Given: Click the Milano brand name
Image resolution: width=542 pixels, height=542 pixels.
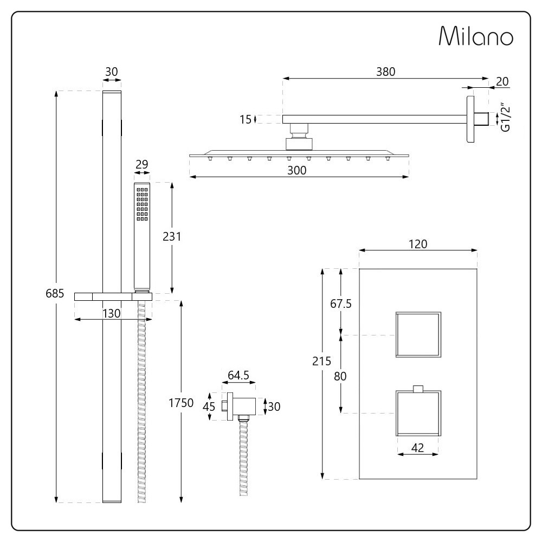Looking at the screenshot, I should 475,36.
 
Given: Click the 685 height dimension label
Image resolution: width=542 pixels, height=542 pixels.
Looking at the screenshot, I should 55,294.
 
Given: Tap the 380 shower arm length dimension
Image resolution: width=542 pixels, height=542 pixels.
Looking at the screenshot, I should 385,71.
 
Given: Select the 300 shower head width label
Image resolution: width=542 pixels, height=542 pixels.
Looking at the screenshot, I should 297,170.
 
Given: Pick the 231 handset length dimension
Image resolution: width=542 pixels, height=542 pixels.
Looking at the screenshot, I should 171,236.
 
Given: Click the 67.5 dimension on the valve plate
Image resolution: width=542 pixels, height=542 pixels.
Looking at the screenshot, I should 341,304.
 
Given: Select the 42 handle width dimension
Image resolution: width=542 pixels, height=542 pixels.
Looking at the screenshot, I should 418,447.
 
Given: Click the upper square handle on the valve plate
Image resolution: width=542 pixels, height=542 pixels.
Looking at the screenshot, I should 418,334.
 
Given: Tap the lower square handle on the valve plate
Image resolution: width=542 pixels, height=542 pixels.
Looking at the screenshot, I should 418,414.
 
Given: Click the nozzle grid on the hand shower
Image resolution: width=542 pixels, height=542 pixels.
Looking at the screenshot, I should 143,205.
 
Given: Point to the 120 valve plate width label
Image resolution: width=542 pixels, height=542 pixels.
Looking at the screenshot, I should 418,244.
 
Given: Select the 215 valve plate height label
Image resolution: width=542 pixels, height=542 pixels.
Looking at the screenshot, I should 322,362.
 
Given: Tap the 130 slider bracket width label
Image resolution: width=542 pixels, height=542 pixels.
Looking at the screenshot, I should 113,313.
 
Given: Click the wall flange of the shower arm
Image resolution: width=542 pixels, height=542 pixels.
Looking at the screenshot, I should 469,120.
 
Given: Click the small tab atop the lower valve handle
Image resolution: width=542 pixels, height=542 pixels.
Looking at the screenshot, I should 417,388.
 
